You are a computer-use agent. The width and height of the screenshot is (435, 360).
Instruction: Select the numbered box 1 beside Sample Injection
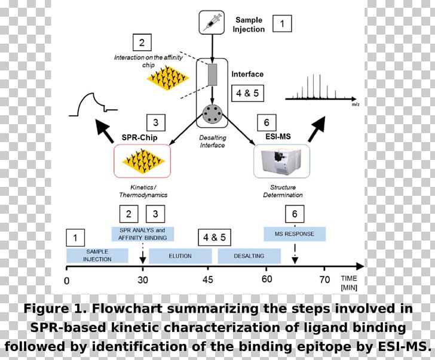[x=283, y=23]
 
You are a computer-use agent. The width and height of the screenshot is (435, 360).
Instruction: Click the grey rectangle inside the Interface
[x=212, y=75]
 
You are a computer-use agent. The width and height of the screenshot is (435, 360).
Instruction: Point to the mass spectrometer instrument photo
[x=281, y=161]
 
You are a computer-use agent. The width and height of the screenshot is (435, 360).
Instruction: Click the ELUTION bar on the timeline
[x=180, y=256]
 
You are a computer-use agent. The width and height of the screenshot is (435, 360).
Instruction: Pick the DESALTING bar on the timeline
[x=249, y=256]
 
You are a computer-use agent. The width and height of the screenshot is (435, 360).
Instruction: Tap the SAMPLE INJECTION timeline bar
[x=97, y=256]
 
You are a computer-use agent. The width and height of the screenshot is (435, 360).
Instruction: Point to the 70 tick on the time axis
[x=324, y=280]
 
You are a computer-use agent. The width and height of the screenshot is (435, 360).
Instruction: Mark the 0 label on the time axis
[x=66, y=280]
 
